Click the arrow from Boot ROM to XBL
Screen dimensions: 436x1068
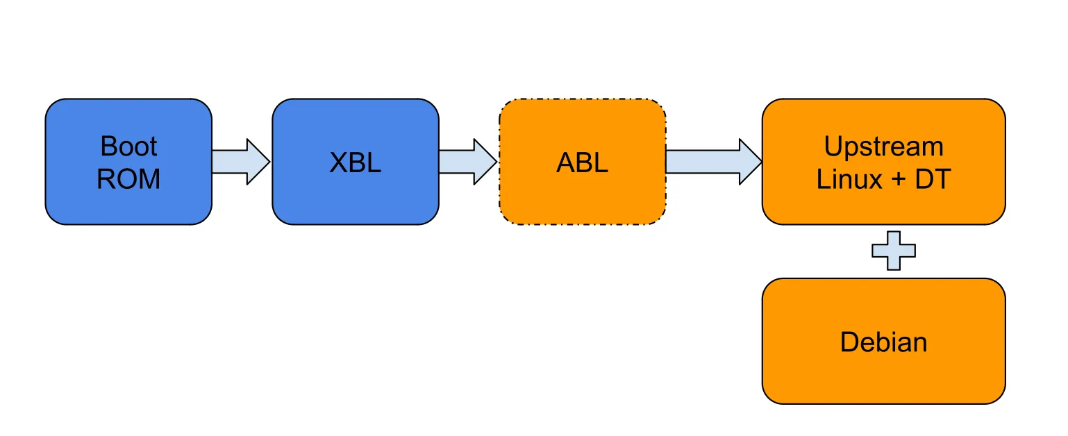coord(240,162)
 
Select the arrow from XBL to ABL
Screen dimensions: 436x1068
coord(467,162)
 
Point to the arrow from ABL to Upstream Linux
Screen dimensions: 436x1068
coord(712,162)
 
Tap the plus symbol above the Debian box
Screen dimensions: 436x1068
coord(893,251)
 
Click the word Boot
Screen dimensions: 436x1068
coord(128,146)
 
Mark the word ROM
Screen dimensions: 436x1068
coord(128,179)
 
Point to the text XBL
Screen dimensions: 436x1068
coord(355,163)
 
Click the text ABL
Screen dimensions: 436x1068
coord(582,163)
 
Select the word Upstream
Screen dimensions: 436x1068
coord(883,146)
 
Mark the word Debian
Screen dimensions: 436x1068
coord(883,342)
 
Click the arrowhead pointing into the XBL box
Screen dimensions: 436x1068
coord(258,162)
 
